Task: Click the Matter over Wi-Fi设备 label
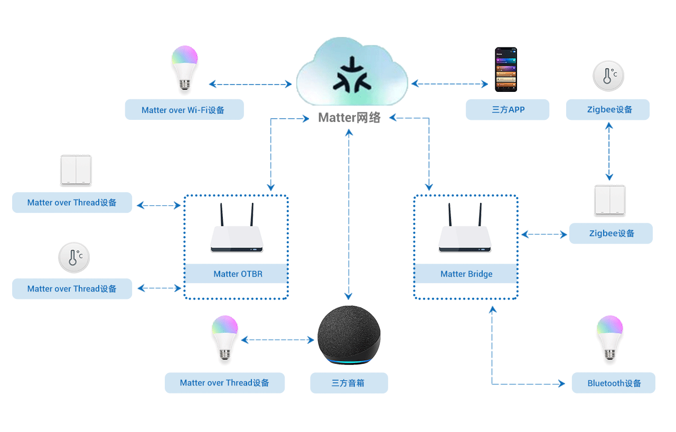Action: pyautogui.click(x=184, y=110)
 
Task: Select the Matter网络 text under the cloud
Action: pyautogui.click(x=349, y=118)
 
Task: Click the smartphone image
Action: pyautogui.click(x=505, y=69)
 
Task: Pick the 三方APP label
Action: pyautogui.click(x=508, y=110)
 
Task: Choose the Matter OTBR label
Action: pyautogui.click(x=238, y=274)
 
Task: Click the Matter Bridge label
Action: pyautogui.click(x=466, y=274)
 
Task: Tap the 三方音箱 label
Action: pyautogui.click(x=349, y=383)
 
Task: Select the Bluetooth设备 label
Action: pyautogui.click(x=614, y=383)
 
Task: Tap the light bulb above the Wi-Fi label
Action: pyautogui.click(x=184, y=67)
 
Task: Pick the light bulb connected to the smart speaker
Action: pyautogui.click(x=225, y=339)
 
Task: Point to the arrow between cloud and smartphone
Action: pyautogui.click(x=449, y=83)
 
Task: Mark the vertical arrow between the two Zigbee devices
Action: pyautogui.click(x=609, y=151)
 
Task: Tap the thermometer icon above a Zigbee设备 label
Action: pyautogui.click(x=608, y=76)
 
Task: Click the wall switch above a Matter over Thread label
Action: pyautogui.click(x=76, y=170)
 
